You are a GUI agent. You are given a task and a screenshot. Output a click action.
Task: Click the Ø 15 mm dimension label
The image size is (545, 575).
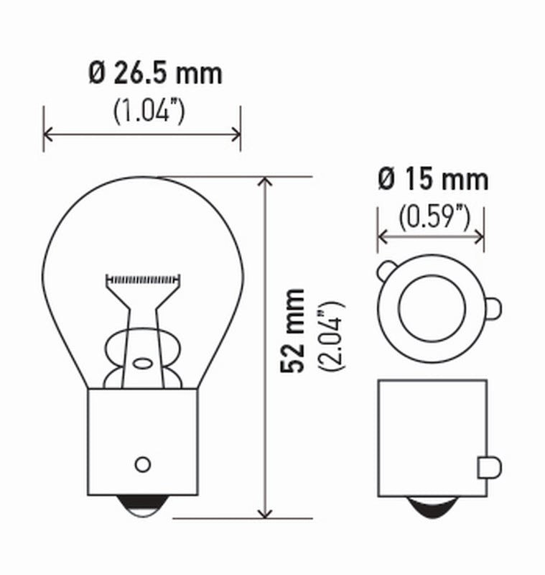click(433, 179)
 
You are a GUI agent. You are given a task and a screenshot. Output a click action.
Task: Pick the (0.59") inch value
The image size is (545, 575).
click(433, 216)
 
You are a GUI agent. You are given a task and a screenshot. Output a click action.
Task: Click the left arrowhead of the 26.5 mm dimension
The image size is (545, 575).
click(48, 134)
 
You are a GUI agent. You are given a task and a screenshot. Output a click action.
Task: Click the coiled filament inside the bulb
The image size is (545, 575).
click(141, 277)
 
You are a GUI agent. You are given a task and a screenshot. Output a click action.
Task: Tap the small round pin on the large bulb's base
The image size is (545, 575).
click(143, 463)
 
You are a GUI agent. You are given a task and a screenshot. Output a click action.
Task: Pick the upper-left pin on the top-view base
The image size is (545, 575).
click(386, 272)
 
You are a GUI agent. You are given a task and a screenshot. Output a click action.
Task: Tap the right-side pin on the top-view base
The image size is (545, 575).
click(493, 308)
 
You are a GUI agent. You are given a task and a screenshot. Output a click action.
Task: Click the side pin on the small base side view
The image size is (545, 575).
click(486, 467)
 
